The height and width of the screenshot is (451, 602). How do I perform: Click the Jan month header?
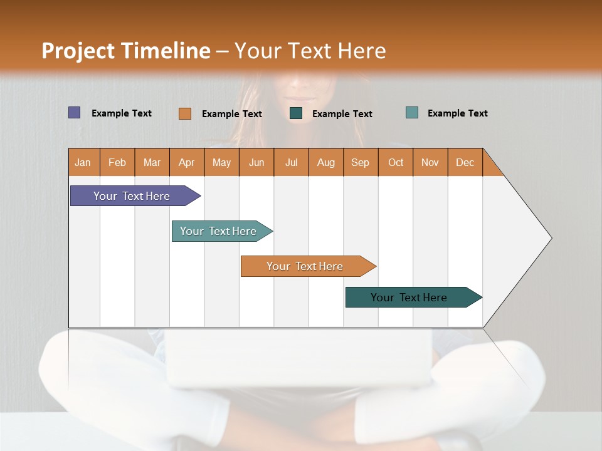(83, 162)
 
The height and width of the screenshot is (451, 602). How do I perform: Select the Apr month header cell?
(187, 162)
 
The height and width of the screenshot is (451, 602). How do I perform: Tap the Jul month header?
(291, 162)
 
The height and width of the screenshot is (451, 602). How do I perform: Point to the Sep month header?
(361, 162)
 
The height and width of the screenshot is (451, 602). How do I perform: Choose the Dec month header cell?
(465, 162)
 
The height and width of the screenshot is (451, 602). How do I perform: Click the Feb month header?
(117, 162)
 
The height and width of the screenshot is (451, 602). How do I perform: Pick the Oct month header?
(396, 162)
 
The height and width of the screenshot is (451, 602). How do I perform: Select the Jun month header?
(256, 162)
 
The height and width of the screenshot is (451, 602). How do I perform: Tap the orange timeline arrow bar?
(305, 266)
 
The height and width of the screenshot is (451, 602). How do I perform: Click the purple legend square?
(74, 113)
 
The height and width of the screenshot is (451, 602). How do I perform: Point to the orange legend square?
(184, 113)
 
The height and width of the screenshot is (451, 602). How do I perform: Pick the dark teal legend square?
(296, 113)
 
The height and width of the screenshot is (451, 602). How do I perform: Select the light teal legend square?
(412, 113)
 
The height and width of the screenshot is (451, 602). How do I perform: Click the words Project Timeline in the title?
(126, 51)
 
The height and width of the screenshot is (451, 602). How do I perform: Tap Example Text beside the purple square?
(122, 113)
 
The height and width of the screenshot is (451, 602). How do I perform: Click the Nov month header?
(430, 162)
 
